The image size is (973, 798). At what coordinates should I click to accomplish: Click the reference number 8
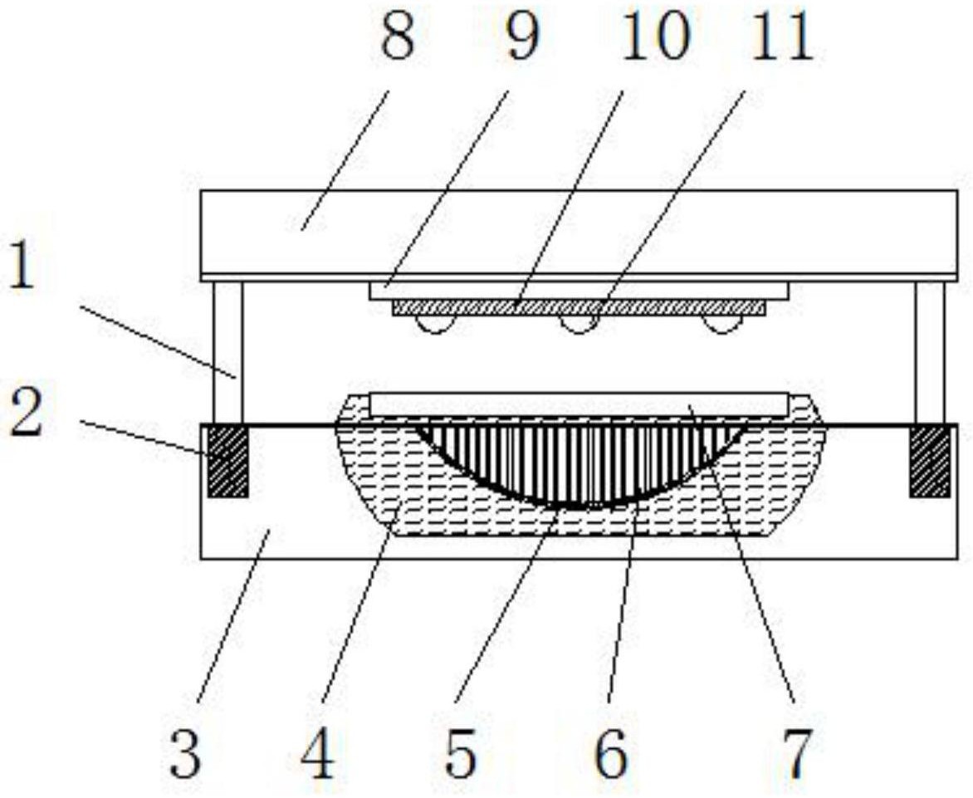click(397, 36)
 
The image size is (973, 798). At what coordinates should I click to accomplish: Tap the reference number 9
click(522, 36)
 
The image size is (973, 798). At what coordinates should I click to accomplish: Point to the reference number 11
click(780, 36)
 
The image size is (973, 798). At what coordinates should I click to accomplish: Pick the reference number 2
click(26, 411)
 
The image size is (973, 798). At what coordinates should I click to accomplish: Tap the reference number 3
click(187, 753)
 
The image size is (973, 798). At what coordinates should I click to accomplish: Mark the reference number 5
click(460, 753)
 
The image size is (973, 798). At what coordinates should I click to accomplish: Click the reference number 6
click(610, 753)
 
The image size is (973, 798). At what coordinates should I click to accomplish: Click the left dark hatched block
click(227, 460)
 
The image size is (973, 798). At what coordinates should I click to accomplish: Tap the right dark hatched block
click(930, 460)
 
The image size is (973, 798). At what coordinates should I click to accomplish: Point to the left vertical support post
click(227, 352)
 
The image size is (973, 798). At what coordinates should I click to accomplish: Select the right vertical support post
click(930, 352)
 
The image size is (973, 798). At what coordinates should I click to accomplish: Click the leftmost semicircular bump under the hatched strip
click(436, 323)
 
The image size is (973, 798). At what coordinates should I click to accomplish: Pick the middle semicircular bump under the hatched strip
click(579, 323)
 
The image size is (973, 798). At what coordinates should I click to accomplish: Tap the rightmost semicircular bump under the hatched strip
click(722, 323)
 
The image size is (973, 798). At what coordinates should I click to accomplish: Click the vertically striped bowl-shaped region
click(580, 460)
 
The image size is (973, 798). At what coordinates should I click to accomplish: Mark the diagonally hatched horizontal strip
click(579, 307)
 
